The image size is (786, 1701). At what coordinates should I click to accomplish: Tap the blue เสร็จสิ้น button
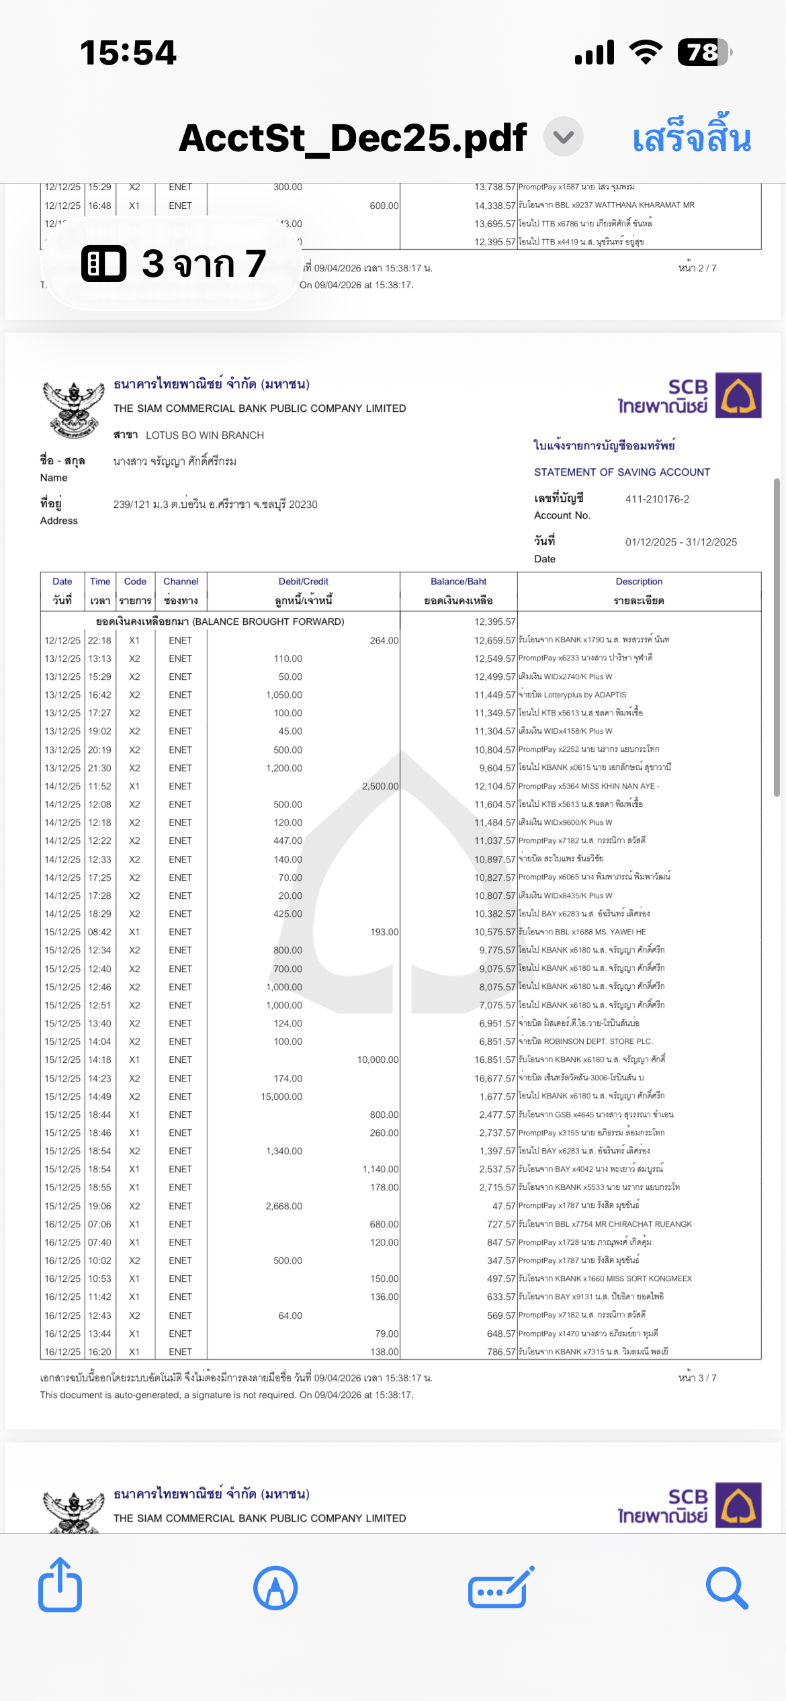click(691, 138)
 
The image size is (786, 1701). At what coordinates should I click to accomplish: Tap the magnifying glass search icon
click(727, 1588)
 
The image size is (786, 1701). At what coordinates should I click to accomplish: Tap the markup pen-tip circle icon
click(275, 1588)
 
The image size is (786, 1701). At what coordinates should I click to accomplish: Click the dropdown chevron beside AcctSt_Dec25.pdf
click(563, 137)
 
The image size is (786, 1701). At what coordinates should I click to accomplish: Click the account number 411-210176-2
click(657, 499)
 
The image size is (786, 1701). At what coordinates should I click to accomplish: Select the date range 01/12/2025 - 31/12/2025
click(681, 542)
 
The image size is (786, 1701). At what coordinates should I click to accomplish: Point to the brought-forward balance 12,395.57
click(494, 622)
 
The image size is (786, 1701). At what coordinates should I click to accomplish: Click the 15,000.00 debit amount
click(281, 1096)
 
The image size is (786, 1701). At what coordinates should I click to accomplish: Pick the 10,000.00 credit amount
click(378, 1059)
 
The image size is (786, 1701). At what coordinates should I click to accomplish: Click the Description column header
click(639, 582)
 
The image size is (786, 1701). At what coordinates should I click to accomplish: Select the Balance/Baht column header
click(458, 582)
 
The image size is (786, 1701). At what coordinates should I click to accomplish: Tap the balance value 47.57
click(503, 1206)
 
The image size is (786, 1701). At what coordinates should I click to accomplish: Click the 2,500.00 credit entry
click(380, 786)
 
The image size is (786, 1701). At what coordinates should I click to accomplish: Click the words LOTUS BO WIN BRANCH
click(205, 435)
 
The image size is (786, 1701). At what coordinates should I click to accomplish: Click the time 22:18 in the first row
click(99, 640)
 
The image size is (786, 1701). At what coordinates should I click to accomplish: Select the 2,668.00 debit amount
click(283, 1206)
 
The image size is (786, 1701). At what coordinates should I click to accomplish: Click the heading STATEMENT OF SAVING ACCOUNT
click(622, 472)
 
